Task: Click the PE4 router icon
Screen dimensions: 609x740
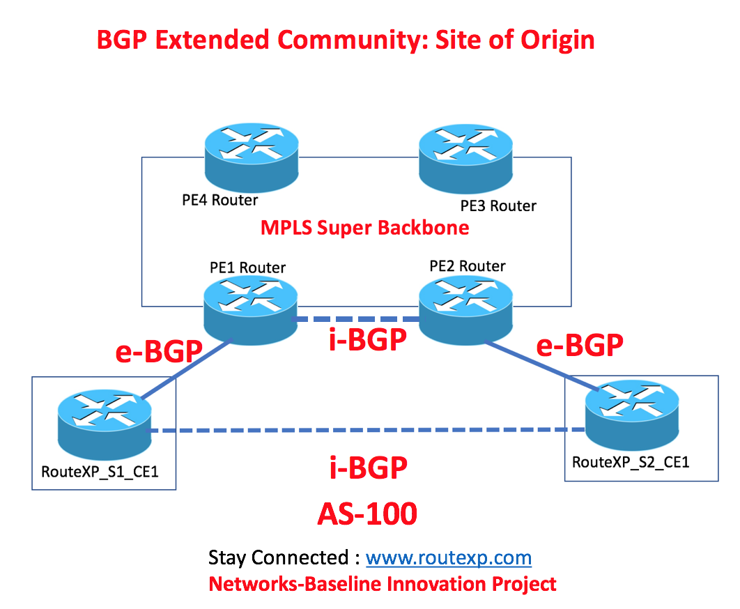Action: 253,156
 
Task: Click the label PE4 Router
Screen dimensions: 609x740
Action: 220,201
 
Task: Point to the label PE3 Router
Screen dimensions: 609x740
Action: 498,206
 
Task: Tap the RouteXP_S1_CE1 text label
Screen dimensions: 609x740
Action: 100,472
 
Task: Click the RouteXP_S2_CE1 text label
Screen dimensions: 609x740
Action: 631,462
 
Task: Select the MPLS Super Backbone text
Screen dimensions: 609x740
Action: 364,228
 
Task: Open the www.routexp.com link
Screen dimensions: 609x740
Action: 449,557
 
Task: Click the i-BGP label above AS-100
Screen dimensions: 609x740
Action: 367,468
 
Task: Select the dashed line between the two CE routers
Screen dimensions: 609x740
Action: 362,431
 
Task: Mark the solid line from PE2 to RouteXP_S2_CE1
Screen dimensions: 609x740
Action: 540,367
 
